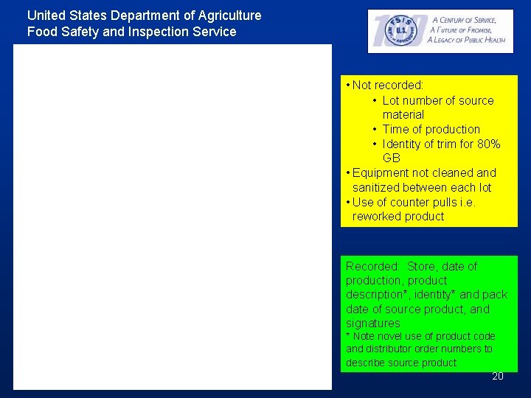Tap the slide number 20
(498, 376)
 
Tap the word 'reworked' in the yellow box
(376, 216)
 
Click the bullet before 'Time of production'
(375, 130)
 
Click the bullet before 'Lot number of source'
(375, 100)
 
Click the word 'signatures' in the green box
(372, 324)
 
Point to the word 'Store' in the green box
(423, 266)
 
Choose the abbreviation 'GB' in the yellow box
(391, 158)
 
